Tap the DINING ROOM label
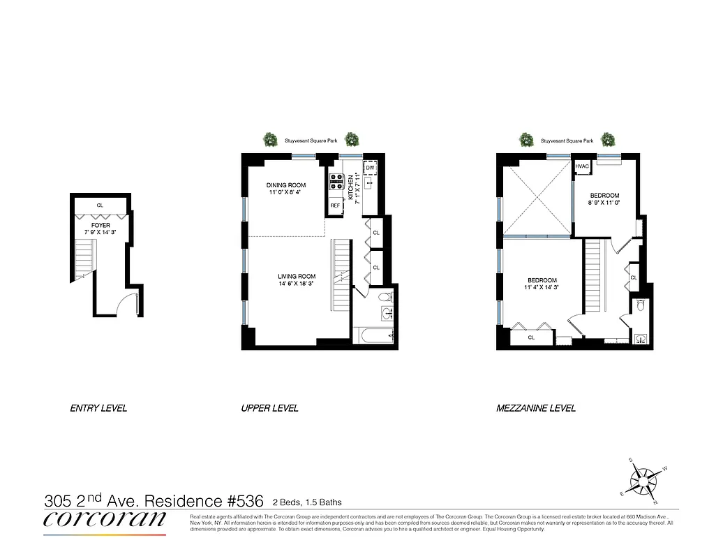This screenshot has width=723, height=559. pyautogui.click(x=286, y=185)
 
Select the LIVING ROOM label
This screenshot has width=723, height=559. pyautogui.click(x=297, y=276)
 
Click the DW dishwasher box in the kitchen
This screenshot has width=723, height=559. pyautogui.click(x=371, y=168)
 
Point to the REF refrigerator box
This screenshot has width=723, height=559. pyautogui.click(x=335, y=205)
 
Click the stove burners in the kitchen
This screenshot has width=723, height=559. pyautogui.click(x=336, y=182)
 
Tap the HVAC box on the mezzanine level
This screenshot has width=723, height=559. pyautogui.click(x=582, y=166)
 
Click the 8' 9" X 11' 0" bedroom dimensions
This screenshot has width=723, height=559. pyautogui.click(x=604, y=202)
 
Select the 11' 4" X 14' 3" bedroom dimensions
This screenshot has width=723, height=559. pyautogui.click(x=542, y=286)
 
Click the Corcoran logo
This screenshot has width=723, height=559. pyautogui.click(x=105, y=519)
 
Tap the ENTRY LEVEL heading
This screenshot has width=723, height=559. pyautogui.click(x=98, y=408)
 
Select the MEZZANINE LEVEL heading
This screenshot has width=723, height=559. pyautogui.click(x=536, y=408)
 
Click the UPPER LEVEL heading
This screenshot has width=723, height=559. pyautogui.click(x=269, y=408)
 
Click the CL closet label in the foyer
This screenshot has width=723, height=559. pyautogui.click(x=100, y=205)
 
